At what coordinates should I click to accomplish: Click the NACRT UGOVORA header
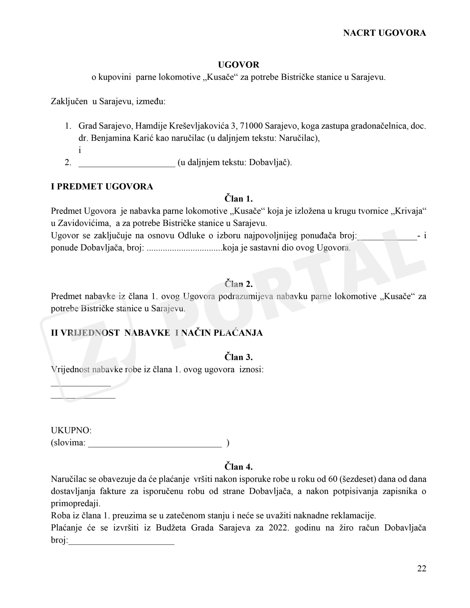click(x=384, y=33)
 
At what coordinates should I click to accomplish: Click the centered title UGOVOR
click(x=239, y=65)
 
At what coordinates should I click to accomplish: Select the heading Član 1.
click(x=239, y=199)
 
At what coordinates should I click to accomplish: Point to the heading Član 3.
click(x=239, y=357)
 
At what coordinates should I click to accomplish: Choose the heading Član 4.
click(x=239, y=467)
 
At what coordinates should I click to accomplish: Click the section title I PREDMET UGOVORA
click(x=102, y=186)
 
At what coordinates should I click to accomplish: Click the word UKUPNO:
click(x=71, y=430)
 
